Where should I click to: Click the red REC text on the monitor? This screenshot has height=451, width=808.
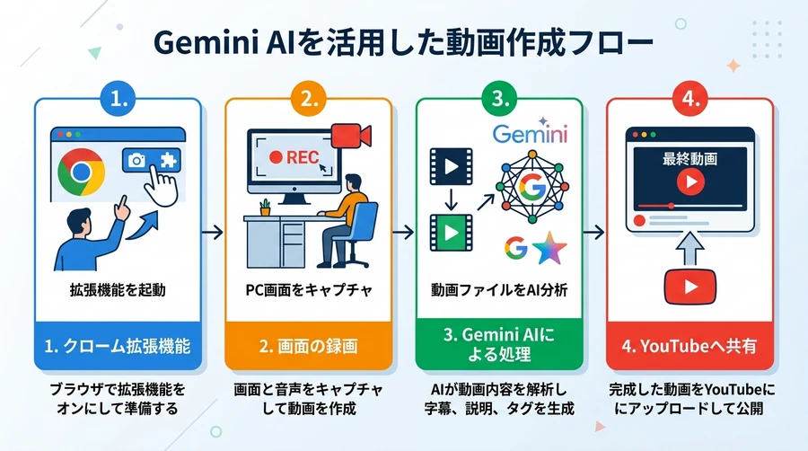click(292, 155)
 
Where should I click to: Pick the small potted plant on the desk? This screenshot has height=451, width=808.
click(265, 208)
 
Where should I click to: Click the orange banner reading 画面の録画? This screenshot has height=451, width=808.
click(308, 345)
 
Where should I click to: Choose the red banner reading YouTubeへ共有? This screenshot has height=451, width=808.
click(689, 345)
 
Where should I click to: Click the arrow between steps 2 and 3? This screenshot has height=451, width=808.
click(403, 233)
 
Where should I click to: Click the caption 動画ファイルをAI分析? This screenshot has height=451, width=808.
click(499, 292)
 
